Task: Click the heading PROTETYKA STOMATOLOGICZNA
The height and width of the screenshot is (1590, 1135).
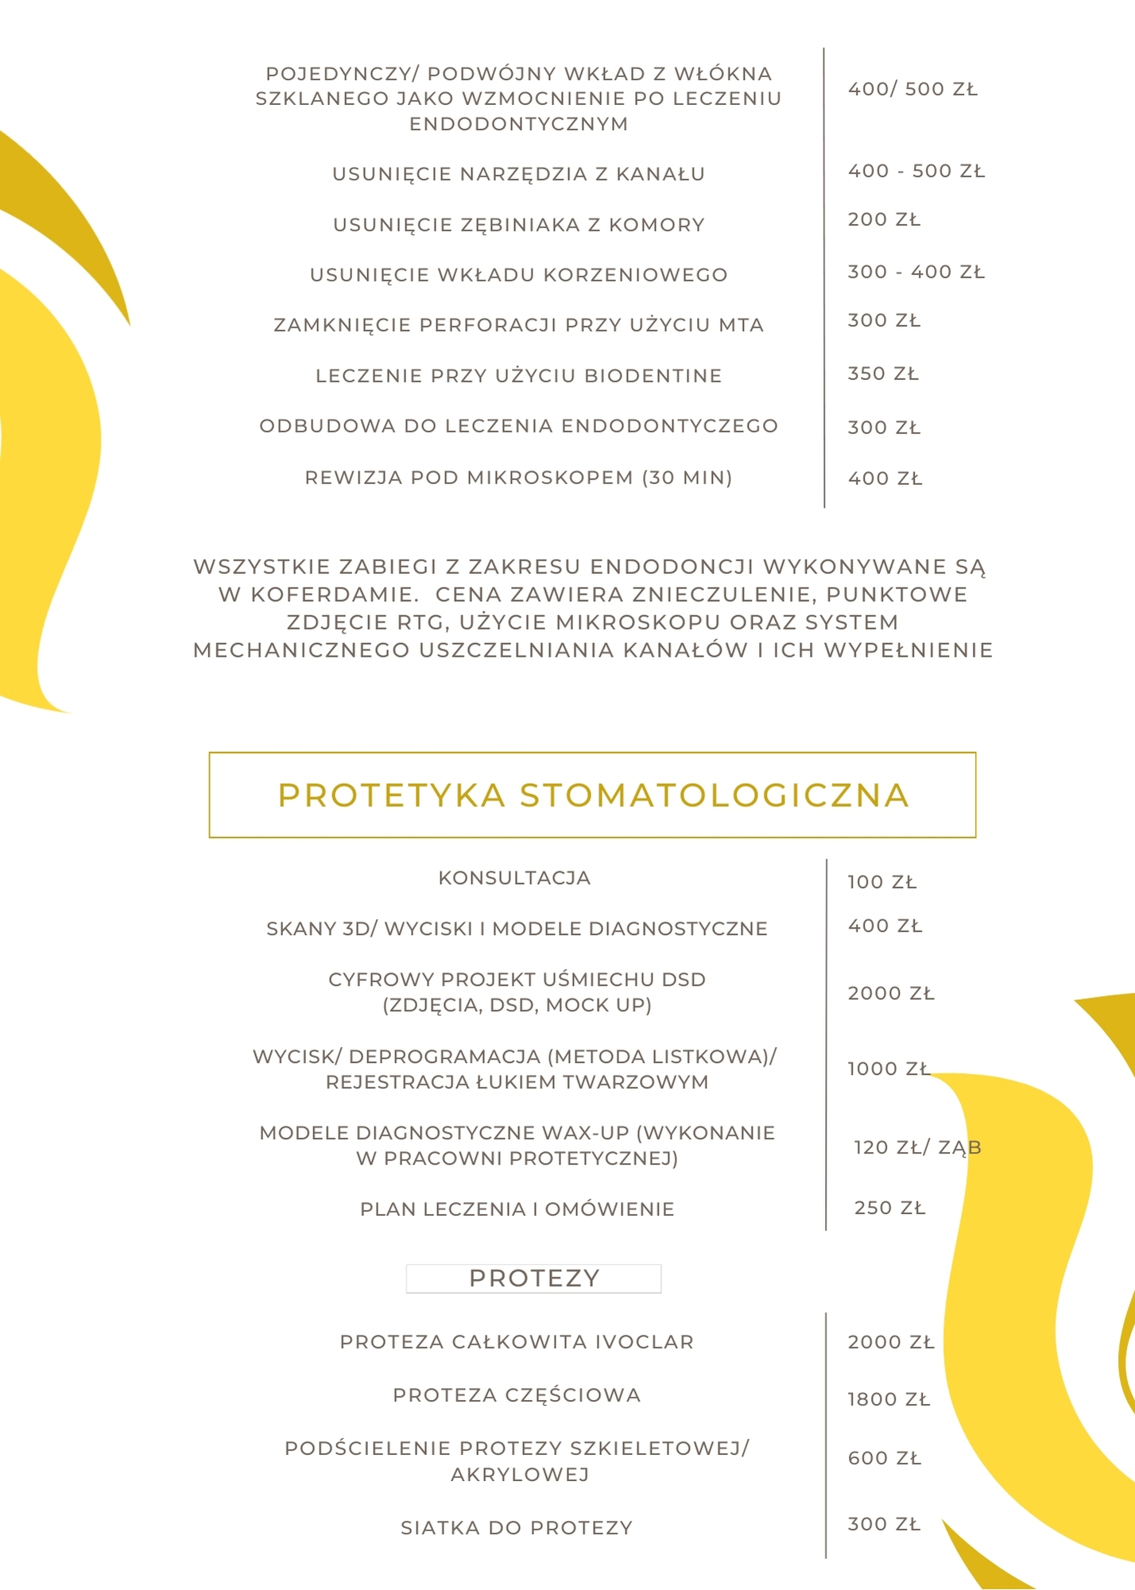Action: (593, 796)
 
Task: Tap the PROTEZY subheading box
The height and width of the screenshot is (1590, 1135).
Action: (533, 1278)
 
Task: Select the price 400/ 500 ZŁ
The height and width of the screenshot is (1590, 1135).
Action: (912, 89)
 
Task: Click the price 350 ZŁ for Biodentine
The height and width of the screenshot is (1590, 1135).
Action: (883, 374)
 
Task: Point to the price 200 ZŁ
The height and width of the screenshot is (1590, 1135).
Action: (884, 219)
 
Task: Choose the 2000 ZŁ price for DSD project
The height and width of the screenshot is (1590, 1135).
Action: (891, 993)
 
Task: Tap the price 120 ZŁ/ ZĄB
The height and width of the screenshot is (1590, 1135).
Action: (917, 1147)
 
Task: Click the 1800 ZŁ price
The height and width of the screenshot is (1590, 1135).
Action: (889, 1399)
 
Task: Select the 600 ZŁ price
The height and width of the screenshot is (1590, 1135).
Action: (885, 1458)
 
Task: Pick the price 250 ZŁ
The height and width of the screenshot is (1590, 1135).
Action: (889, 1208)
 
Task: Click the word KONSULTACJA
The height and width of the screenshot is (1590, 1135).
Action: (514, 878)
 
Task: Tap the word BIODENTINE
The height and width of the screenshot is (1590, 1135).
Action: (653, 375)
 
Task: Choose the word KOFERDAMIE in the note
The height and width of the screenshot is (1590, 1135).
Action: (333, 595)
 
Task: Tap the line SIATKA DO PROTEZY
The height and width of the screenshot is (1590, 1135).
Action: (517, 1527)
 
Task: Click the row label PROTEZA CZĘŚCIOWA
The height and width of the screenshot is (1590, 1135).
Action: (517, 1395)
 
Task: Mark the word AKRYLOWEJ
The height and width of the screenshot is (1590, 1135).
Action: (520, 1475)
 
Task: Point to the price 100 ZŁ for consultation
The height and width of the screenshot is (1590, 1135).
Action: (882, 882)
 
